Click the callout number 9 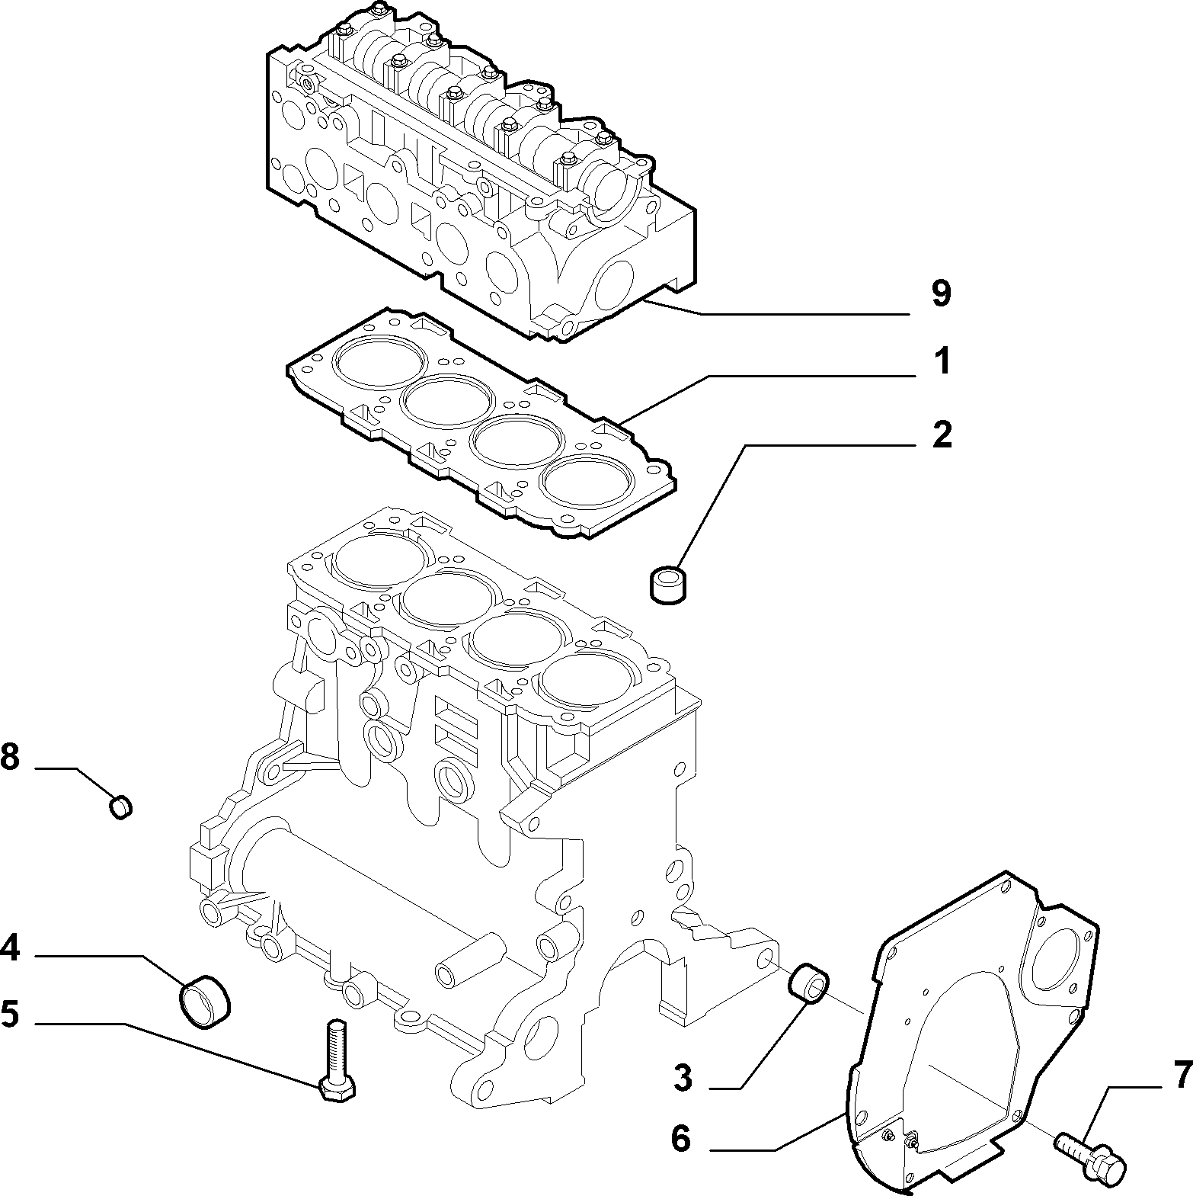point(942,293)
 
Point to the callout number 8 point(9,758)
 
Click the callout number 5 point(9,1015)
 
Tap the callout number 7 point(1182,1075)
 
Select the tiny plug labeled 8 point(121,806)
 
